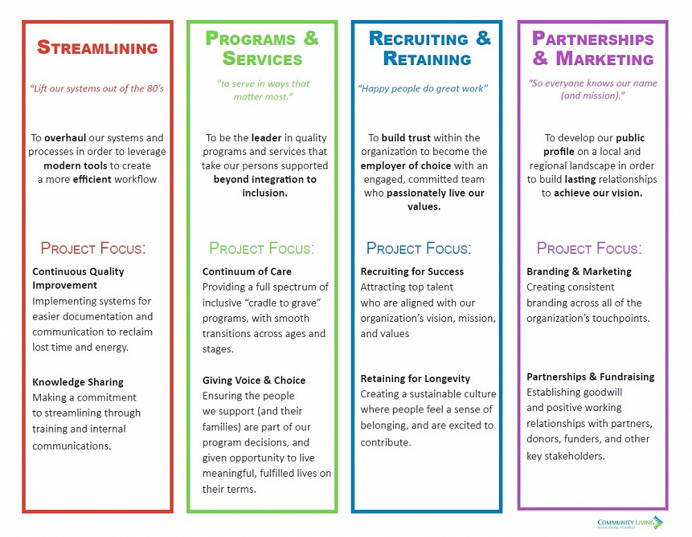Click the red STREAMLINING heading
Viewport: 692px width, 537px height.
click(97, 48)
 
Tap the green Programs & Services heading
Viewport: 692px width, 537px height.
click(262, 48)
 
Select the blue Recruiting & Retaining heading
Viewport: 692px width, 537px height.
click(429, 48)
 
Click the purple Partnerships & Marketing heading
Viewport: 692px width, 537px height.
click(593, 48)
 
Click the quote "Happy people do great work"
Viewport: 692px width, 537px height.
click(423, 89)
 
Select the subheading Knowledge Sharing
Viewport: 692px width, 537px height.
click(78, 382)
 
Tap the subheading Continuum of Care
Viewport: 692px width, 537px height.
click(247, 271)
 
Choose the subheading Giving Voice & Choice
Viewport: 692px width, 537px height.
click(254, 380)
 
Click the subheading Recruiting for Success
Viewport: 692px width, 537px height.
click(412, 271)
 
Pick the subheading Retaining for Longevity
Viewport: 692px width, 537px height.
click(415, 379)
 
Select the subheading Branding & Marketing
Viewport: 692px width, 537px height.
click(579, 271)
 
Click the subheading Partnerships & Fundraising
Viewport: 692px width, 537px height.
click(590, 376)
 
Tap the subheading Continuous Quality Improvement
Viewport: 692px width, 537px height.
click(78, 278)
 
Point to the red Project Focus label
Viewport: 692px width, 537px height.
click(93, 248)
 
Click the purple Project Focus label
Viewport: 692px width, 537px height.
click(589, 248)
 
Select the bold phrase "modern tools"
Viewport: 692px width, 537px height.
click(73, 166)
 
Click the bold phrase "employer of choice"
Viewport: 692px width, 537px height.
click(406, 166)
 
